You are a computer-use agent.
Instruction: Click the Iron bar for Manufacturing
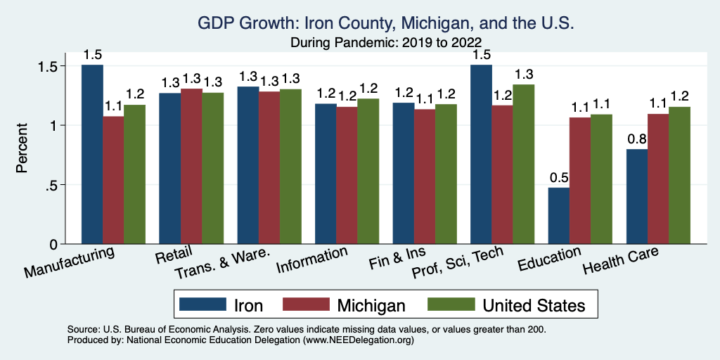[92, 155]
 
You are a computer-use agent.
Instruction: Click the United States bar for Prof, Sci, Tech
[524, 165]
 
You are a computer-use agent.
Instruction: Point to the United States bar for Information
[368, 172]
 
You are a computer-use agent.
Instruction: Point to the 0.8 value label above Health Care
[636, 136]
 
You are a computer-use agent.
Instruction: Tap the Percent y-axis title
[22, 150]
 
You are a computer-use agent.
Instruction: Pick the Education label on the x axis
[549, 259]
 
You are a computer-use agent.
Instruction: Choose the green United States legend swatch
[451, 304]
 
